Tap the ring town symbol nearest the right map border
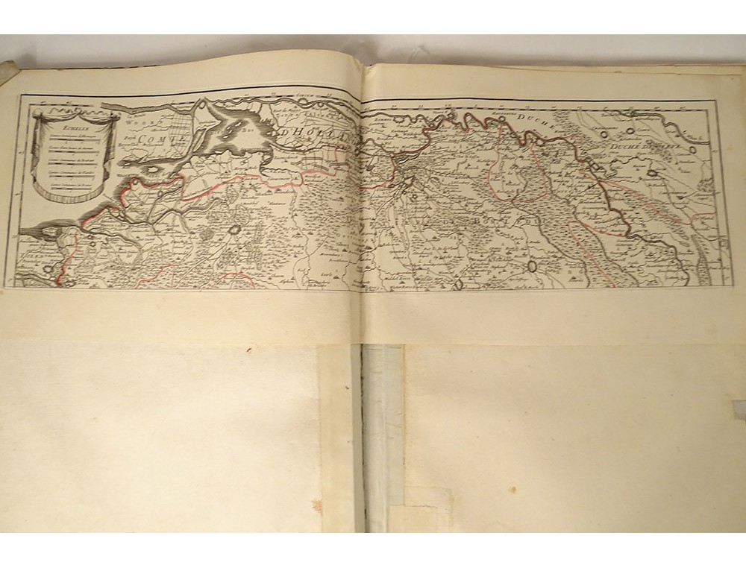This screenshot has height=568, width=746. tap(693, 149)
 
